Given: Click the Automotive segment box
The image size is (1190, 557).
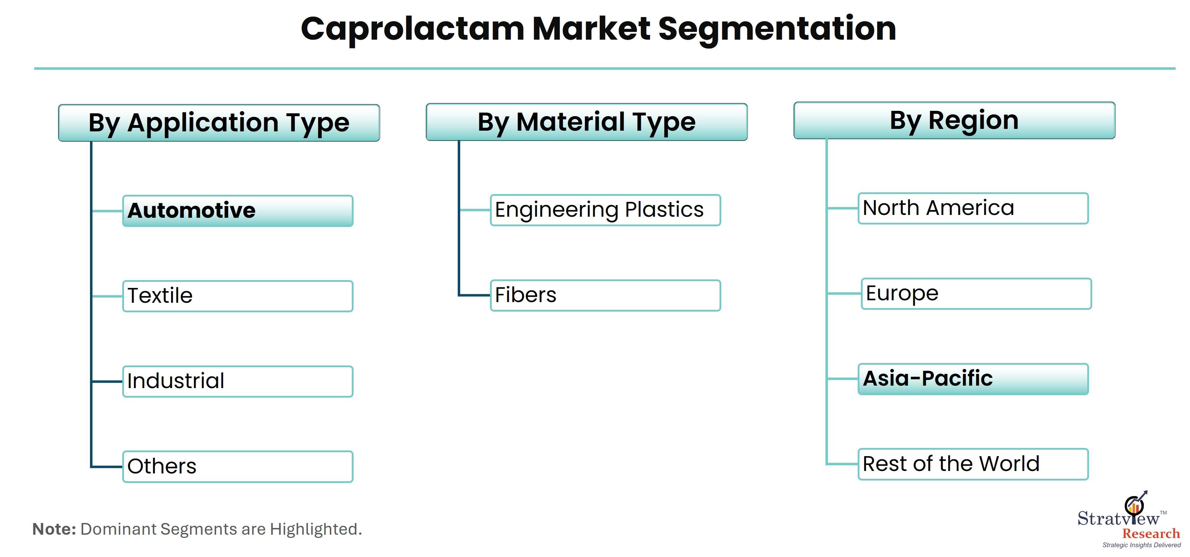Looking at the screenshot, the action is pos(237,211).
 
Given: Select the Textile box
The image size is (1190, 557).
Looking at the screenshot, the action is pos(237,296).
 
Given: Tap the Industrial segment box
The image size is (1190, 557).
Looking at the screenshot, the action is pos(237,381).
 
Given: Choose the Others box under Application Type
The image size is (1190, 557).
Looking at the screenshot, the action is pos(237,466).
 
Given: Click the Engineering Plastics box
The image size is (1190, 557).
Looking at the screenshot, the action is pos(605,210).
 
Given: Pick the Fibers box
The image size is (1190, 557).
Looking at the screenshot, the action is pos(605,295).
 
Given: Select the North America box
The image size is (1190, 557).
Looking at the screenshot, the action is pos(973,208).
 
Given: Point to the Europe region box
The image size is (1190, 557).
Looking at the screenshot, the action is pos(976,294).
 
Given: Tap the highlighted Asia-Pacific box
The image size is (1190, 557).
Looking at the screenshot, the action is pos(973,379).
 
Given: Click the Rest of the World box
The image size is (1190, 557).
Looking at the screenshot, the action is pos(973,464).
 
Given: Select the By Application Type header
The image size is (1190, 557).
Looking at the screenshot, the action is pos(219,123).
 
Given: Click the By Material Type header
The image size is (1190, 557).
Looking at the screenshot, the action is pos(587,122).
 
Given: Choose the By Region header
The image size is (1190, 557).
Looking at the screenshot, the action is pos(954,120).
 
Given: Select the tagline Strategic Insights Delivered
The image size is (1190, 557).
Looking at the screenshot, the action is pos(1141,545).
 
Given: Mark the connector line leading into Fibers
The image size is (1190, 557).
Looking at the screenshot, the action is pos(474,295).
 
